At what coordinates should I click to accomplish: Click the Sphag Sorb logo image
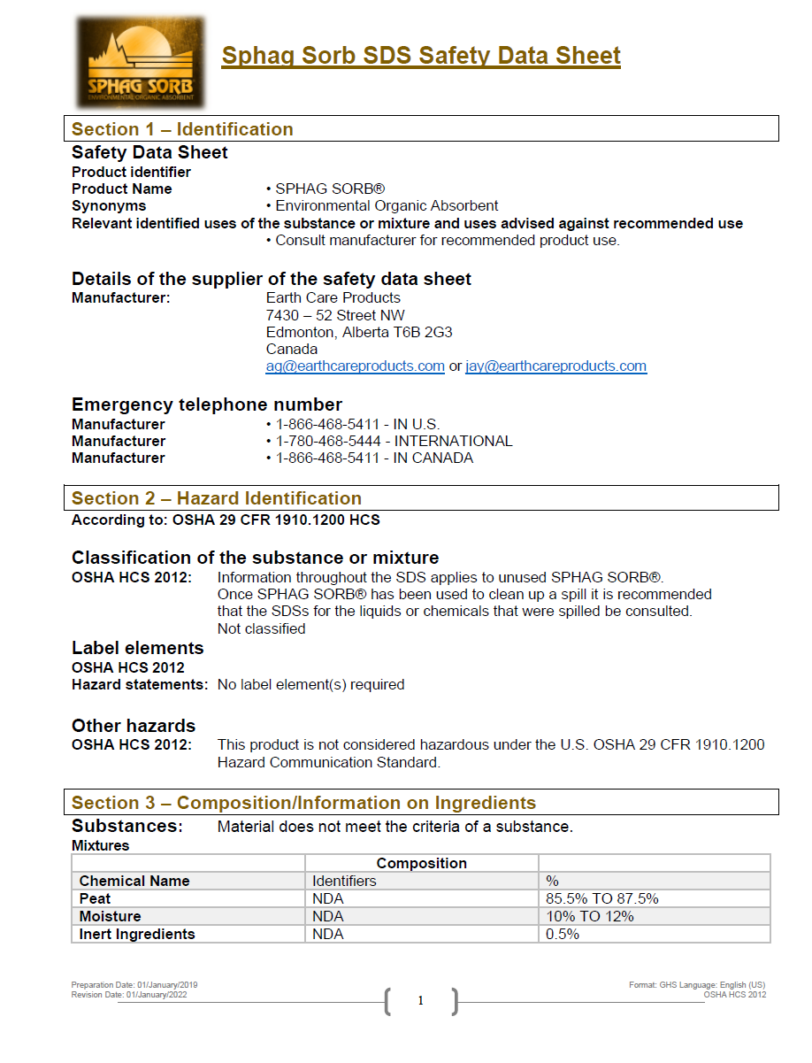click(x=141, y=62)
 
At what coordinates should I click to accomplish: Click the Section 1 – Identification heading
click(x=182, y=129)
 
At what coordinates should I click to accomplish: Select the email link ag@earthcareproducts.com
click(x=355, y=366)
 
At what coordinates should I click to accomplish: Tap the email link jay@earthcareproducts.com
click(x=555, y=366)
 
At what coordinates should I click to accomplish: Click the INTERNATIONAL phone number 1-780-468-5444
click(x=330, y=441)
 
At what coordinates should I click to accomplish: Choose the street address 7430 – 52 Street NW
click(x=335, y=316)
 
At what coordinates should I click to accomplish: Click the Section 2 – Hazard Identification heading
click(x=217, y=498)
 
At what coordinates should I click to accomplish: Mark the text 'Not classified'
click(x=261, y=628)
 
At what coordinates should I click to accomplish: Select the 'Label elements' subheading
click(x=137, y=648)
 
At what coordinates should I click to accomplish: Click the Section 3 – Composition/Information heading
click(x=303, y=803)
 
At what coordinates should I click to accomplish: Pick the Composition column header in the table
click(x=421, y=863)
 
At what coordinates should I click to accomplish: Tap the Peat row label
click(x=96, y=898)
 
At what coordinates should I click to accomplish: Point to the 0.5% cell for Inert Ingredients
click(x=563, y=934)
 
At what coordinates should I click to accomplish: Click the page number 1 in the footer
click(x=421, y=1000)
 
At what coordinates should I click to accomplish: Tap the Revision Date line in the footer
click(x=129, y=995)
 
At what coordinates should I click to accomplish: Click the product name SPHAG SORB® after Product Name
click(x=329, y=189)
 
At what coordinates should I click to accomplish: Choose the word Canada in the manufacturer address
click(x=291, y=350)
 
